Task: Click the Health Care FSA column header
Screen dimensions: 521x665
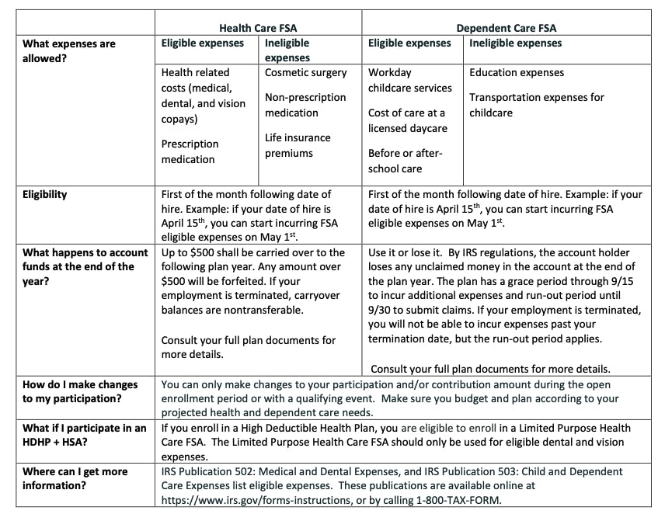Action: click(258, 29)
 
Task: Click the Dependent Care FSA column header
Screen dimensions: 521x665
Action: click(506, 29)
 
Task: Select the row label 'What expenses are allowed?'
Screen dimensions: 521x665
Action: click(69, 50)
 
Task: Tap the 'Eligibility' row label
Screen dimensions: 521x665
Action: click(44, 194)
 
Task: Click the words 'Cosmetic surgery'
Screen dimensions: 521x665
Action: click(305, 73)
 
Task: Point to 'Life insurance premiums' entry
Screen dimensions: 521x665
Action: click(298, 145)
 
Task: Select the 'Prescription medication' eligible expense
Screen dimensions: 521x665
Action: click(190, 151)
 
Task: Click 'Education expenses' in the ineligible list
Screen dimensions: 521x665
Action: click(517, 73)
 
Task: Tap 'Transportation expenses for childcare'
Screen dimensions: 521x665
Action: click(536, 105)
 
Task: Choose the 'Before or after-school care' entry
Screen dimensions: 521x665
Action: click(405, 160)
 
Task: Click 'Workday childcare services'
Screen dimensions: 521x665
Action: click(409, 80)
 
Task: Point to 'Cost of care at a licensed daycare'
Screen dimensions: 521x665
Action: click(407, 120)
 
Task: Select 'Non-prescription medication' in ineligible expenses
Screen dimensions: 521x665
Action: click(305, 105)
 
